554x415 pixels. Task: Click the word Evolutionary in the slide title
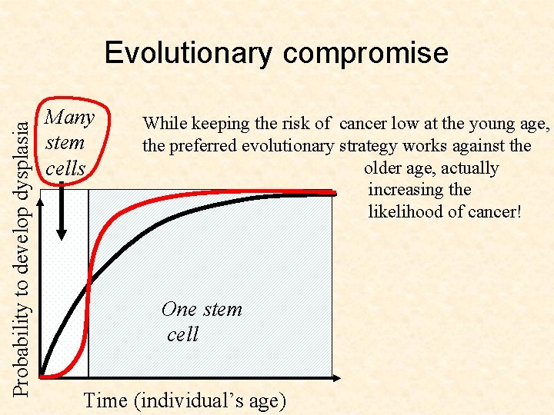tap(189, 53)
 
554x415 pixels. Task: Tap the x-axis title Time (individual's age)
tap(185, 400)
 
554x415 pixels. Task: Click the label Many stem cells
tap(68, 143)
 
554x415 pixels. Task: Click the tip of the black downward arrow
tap(62, 239)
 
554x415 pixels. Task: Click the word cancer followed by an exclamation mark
tap(494, 211)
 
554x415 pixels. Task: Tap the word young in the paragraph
tap(490, 123)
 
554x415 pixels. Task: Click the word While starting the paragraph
tap(165, 123)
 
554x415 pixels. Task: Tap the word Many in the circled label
tap(70, 118)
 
